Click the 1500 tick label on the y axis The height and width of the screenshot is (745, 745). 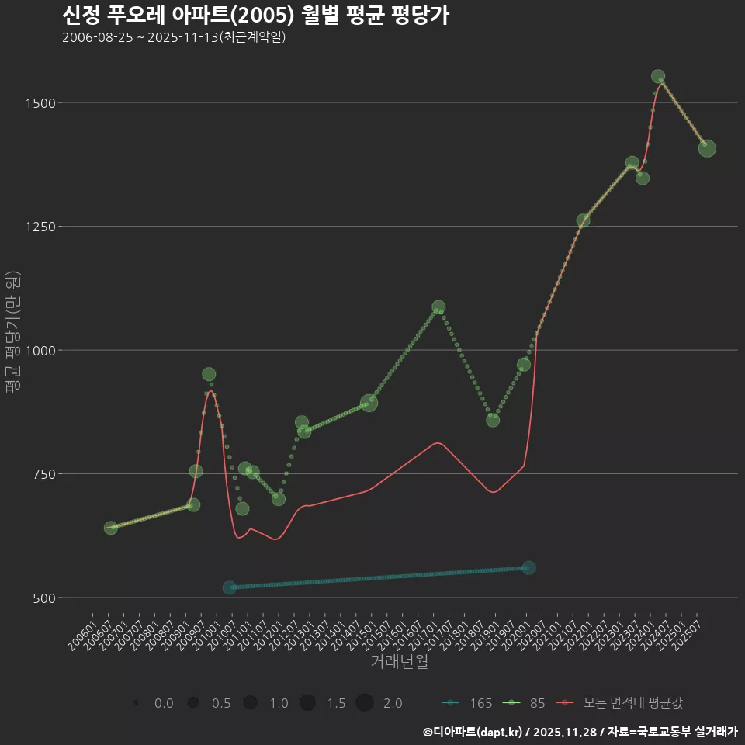click(37, 102)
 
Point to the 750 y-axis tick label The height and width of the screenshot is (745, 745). click(40, 474)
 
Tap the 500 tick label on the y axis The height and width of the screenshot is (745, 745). click(40, 598)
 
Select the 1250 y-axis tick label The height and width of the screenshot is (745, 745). click(37, 227)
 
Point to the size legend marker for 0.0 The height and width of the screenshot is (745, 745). click(136, 703)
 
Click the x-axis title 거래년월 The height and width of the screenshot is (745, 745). click(400, 661)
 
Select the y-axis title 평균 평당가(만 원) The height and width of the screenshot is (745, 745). click(12, 334)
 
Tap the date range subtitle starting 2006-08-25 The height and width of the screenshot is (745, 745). click(174, 37)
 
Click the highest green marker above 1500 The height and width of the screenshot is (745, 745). click(658, 77)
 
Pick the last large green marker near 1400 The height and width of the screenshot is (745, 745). click(707, 148)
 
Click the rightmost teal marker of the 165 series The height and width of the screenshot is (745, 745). click(529, 568)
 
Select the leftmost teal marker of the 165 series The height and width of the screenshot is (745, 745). click(229, 587)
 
